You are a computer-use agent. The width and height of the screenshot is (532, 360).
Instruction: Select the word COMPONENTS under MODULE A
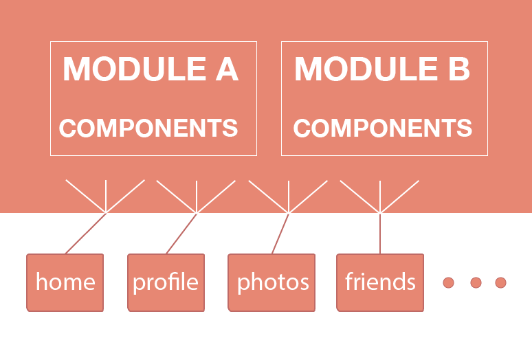point(148,128)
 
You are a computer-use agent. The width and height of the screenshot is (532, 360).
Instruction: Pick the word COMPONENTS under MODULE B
point(383,128)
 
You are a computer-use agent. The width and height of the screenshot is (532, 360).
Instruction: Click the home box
point(65,282)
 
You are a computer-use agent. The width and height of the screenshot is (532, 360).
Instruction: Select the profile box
point(166,282)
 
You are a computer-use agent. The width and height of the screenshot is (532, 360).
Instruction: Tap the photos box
point(272,282)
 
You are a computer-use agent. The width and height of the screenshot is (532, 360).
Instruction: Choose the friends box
point(380,282)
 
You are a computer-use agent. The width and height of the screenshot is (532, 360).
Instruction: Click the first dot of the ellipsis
point(449,282)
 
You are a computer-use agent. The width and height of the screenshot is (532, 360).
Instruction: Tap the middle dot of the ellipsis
point(475,282)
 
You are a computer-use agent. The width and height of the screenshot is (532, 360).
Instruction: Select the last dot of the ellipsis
point(500,282)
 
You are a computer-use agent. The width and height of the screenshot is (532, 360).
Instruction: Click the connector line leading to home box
point(86,234)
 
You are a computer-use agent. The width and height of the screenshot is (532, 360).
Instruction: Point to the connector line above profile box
point(181,234)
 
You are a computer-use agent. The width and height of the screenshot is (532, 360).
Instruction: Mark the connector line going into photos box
point(280,234)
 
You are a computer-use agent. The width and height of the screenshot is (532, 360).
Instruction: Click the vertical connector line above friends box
point(380,234)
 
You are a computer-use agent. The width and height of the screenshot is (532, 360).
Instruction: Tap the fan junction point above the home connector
point(106,213)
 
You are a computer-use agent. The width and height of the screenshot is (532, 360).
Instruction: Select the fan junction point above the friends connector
point(380,213)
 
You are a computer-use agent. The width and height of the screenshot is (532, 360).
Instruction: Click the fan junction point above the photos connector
point(289,213)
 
